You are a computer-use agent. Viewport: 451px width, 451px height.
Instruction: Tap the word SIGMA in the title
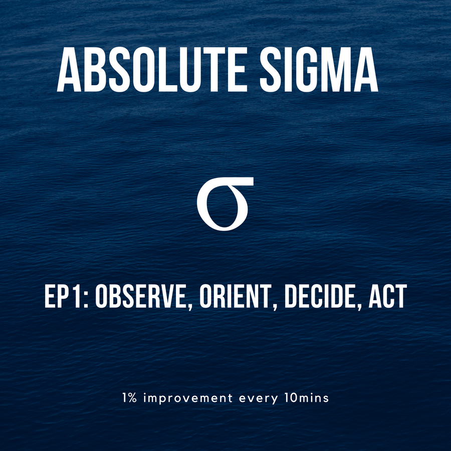click(319, 70)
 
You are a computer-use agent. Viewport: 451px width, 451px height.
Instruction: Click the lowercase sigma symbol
click(225, 203)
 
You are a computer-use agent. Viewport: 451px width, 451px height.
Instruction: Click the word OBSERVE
click(141, 297)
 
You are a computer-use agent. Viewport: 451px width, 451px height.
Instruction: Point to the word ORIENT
click(236, 297)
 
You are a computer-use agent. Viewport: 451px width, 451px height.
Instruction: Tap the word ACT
click(388, 297)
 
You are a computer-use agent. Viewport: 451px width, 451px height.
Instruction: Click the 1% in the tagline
click(129, 398)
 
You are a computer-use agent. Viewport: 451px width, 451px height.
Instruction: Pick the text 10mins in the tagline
click(307, 398)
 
